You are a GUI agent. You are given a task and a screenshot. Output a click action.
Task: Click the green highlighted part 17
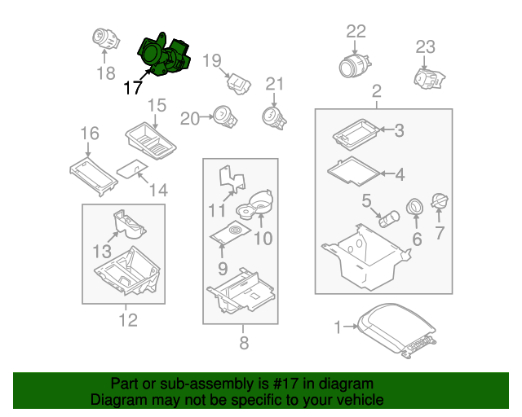point(163,56)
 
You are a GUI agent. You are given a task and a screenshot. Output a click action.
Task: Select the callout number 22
point(356,32)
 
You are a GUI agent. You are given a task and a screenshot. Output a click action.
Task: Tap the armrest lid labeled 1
point(397,331)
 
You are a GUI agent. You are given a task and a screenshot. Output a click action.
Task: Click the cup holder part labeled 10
point(254,205)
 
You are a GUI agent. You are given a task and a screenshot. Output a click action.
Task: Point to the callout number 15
point(157,105)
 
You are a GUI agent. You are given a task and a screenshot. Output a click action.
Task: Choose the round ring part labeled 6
point(415,207)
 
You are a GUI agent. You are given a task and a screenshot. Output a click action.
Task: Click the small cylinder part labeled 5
point(390,219)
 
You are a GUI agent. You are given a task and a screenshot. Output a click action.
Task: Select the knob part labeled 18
point(105,38)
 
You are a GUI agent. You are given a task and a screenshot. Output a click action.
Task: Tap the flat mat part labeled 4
point(353,171)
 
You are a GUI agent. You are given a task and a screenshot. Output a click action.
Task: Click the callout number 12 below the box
point(128,320)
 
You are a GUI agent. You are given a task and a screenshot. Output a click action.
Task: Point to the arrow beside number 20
point(207,116)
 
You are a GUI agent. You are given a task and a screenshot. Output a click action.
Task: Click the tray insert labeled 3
point(356,134)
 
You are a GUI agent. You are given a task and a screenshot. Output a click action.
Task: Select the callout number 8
point(244,343)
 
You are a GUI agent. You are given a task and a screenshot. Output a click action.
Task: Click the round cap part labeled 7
point(440,200)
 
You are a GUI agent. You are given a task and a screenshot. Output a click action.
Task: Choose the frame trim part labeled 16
point(94,176)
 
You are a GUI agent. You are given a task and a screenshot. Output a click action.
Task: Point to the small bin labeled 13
point(130,225)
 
